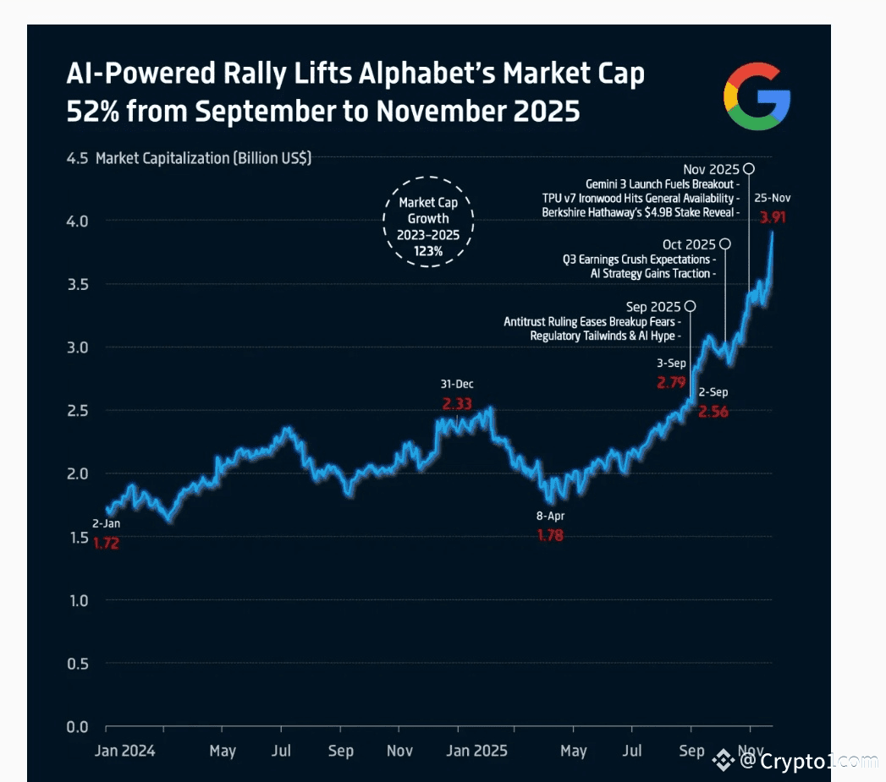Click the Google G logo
[x=757, y=96]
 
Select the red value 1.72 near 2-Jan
[x=106, y=544]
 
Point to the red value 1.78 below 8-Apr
[x=550, y=535]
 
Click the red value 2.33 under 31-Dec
[x=458, y=404]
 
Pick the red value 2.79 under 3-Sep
[x=671, y=383]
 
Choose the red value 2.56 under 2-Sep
[x=714, y=412]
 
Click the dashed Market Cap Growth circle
[x=429, y=221]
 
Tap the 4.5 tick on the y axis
[x=78, y=158]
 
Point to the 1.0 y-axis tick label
[x=78, y=600]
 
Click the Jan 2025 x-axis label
[x=477, y=751]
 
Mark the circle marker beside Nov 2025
[x=749, y=169]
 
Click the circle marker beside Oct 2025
[x=725, y=244]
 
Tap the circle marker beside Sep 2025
[x=691, y=306]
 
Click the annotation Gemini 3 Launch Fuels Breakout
[x=661, y=183]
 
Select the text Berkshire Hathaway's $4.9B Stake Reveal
[x=639, y=212]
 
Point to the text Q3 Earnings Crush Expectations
[x=636, y=259]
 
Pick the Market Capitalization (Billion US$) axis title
[x=203, y=158]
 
